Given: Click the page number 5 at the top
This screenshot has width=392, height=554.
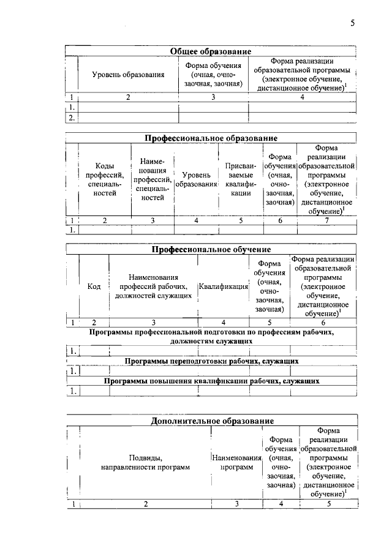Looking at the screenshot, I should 352,23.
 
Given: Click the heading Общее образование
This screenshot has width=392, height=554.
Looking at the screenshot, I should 211,51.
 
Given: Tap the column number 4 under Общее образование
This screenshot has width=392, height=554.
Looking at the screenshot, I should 302,97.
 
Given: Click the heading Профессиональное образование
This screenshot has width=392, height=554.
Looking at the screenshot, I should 211,138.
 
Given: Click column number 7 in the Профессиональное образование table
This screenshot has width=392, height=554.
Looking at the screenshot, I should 326,220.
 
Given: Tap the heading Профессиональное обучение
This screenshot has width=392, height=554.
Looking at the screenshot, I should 211,250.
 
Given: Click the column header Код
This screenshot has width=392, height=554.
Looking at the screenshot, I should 94,286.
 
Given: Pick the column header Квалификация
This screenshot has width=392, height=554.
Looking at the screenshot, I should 223,286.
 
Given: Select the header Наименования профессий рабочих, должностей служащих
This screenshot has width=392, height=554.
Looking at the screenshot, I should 153,286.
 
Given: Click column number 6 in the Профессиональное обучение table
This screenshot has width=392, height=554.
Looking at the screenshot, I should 323,322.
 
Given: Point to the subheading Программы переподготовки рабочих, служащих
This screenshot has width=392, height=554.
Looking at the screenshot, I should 211,361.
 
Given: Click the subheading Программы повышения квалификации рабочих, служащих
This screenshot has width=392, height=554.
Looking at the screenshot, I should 211,381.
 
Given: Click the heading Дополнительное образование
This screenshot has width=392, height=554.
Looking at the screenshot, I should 211,421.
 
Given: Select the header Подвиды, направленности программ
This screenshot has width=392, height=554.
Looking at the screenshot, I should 145,462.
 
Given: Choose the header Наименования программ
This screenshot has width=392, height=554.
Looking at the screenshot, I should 236,462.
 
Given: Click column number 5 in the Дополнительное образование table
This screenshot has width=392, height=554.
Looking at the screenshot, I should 329,504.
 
